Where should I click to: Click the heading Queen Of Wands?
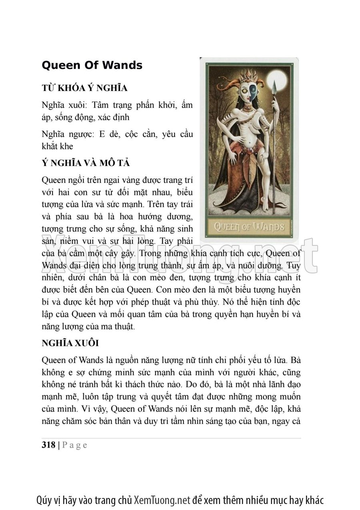pos(92,65)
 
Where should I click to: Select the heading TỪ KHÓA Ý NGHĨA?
pos(84,88)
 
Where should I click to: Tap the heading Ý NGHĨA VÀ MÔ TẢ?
pos(86,163)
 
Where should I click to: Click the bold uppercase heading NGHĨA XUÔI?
pos(70,343)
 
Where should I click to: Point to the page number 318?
pos(48,445)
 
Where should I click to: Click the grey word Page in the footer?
pos(75,445)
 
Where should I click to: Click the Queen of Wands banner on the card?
pos(249,227)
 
